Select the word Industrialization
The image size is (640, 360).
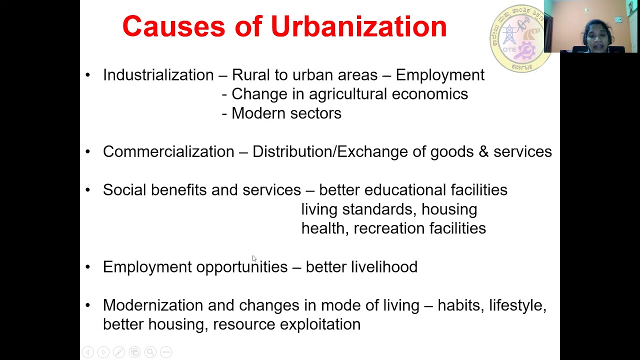158,75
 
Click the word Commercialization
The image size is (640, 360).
168,151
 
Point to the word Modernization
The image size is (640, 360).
153,305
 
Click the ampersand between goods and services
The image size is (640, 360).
483,151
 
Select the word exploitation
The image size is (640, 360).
320,324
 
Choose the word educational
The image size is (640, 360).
405,190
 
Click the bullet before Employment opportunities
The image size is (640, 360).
88,267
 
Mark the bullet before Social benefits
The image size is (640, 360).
88,190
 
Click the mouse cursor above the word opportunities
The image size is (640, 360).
254,258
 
